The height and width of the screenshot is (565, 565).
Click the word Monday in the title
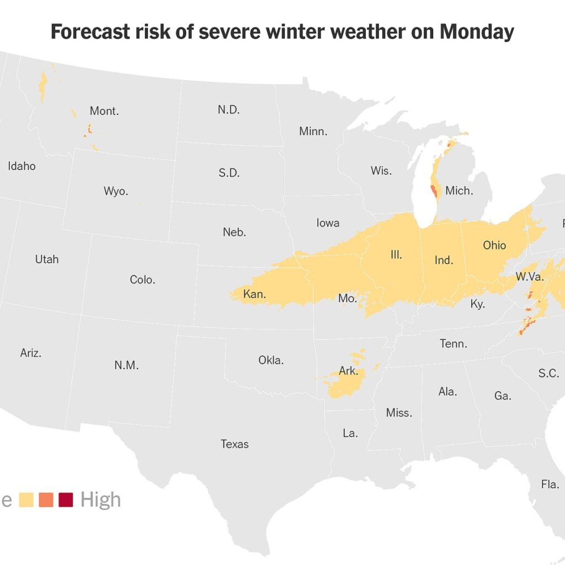(x=477, y=32)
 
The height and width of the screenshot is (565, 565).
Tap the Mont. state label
(x=104, y=111)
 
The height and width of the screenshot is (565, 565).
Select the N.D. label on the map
(x=228, y=109)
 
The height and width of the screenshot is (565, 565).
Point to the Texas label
(x=234, y=444)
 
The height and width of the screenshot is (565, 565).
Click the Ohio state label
(x=494, y=246)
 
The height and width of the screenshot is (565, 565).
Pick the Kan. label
(x=254, y=294)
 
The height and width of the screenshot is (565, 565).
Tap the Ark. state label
(x=348, y=371)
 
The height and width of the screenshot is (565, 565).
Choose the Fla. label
(x=550, y=484)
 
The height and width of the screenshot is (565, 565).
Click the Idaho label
(x=22, y=166)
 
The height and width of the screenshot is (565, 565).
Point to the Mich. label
(x=459, y=191)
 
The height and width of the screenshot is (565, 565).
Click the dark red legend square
(x=66, y=500)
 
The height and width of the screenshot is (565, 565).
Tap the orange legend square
(x=46, y=500)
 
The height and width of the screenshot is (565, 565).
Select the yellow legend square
(x=26, y=500)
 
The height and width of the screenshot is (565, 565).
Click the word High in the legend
(x=100, y=499)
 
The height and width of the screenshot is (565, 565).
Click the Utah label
(x=46, y=259)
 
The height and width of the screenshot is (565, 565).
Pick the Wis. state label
(x=381, y=170)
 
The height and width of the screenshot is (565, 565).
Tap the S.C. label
(x=548, y=373)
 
